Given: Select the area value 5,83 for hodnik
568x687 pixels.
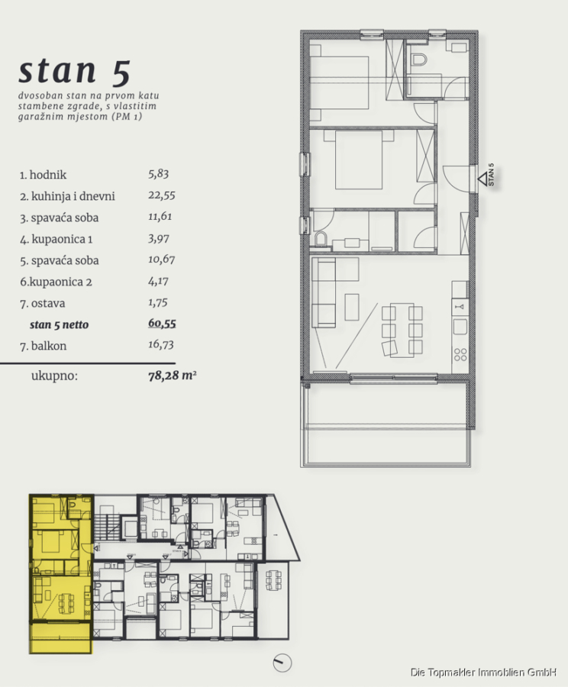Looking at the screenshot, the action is (158, 174).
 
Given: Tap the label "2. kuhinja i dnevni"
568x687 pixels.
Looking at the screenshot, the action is (67, 196).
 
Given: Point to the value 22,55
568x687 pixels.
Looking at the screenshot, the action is (161, 195).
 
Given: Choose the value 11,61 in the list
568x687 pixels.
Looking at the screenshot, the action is (160, 217).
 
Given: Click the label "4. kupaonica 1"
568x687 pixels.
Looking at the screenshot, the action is (56, 239).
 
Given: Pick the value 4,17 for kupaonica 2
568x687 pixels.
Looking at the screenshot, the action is (158, 281).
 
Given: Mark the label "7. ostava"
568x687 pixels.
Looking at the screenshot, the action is (43, 303).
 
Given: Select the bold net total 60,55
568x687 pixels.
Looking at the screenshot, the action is (162, 324).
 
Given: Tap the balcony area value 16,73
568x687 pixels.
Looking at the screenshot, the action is (161, 345).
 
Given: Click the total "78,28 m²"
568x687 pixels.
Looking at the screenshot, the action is (173, 376).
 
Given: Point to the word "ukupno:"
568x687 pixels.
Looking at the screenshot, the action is (54, 376).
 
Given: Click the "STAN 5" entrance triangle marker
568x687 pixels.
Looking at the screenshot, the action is (483, 179).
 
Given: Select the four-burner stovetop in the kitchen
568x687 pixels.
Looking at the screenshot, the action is (460, 354).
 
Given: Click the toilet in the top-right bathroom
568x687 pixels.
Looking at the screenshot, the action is (419, 59).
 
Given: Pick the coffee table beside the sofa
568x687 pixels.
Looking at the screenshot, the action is (352, 307).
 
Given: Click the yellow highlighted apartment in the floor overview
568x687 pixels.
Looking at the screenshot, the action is (60, 573).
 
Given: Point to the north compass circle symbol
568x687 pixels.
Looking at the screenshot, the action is (282, 663).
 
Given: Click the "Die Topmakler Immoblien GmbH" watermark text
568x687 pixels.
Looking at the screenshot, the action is (484, 672).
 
